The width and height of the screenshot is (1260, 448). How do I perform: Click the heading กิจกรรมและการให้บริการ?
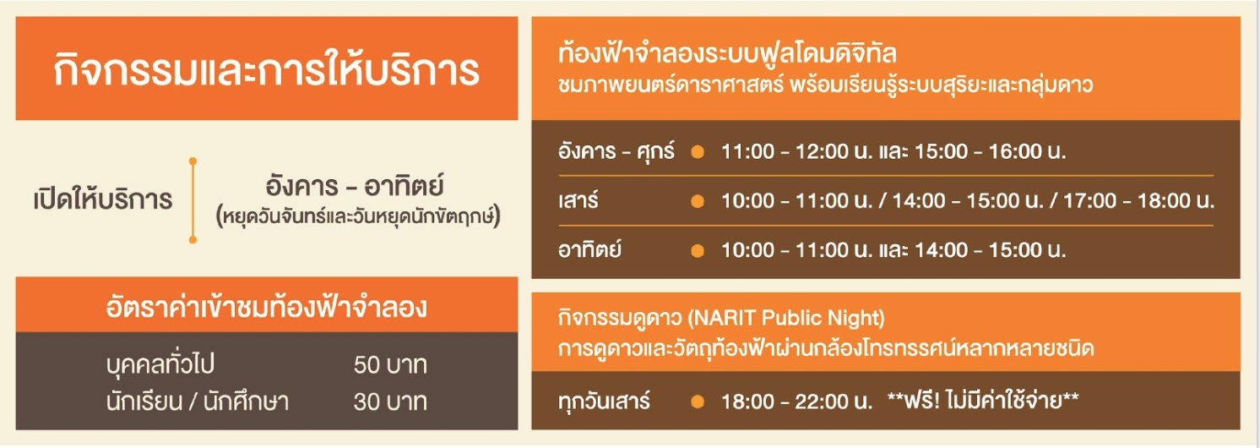coord(266,70)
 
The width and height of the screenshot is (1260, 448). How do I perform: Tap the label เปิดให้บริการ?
coord(102,201)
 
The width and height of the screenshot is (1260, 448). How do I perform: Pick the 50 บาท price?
coord(390,366)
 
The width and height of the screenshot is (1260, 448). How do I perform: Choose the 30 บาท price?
coord(390,402)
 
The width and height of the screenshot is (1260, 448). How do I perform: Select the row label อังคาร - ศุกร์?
coord(616,153)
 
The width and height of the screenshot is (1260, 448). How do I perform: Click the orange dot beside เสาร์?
coord(697,202)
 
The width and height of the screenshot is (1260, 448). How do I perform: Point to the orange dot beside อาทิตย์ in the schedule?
coord(697,251)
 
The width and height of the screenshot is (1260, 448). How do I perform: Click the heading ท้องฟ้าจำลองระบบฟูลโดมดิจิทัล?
coord(727,56)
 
